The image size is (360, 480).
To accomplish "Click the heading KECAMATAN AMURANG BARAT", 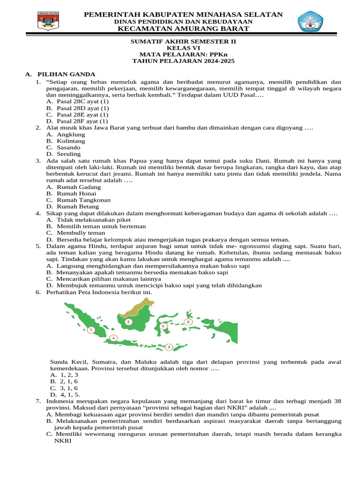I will point(183,29).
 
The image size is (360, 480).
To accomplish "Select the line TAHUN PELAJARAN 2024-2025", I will point(183,61).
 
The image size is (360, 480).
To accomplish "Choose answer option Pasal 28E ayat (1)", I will point(82,114).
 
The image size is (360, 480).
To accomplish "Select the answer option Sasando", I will point(68,147).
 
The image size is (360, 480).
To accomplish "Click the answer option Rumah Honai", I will point(76,193).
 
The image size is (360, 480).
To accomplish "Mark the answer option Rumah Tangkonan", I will point(83,200).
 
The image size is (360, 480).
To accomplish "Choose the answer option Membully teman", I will point(81,232).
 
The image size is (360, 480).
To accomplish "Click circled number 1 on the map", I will point(91,330).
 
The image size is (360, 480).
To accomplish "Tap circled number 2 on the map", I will point(128,322).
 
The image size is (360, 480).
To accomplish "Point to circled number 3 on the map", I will point(169,347).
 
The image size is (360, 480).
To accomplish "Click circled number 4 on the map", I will point(113,338).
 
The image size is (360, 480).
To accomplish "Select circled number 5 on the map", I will point(163,326).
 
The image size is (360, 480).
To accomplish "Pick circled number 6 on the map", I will point(188,322).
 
